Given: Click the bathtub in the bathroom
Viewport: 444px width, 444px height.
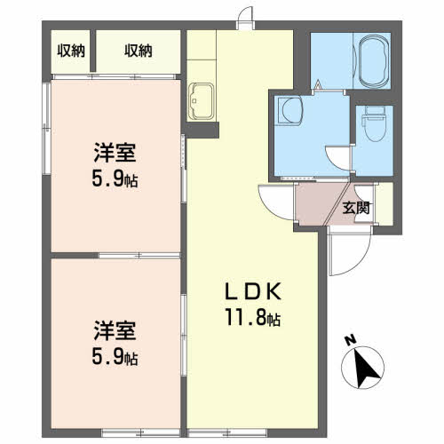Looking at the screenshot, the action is pos(374,61).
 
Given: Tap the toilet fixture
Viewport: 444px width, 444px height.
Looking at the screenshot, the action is pos(375,124).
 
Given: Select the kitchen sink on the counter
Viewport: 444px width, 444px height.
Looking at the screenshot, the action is pos(201,101).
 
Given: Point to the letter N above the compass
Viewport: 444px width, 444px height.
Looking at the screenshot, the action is pos(352,340).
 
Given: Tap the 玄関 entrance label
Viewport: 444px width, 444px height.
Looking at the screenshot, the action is pos(356,208).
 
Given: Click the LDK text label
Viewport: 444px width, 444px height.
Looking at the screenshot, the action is pos(253,291).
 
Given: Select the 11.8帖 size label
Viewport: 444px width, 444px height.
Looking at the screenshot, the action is pos(253,317).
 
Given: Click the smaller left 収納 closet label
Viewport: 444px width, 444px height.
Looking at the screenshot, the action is pos(71,51).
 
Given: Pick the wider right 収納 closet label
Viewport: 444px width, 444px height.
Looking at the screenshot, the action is pos(139,51).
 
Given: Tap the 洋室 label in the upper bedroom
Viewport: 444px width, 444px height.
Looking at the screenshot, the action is pos(115,152).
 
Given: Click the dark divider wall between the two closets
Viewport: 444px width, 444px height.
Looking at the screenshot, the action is pos(93,51).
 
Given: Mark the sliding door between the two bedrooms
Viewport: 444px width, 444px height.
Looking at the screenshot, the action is pos(139,255).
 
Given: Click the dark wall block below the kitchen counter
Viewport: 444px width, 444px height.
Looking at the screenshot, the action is pos(201,130).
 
